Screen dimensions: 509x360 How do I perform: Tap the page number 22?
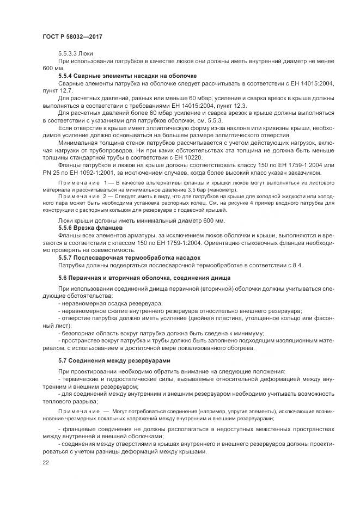[x=46, y=462]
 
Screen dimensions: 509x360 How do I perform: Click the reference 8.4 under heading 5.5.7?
[x=297, y=265]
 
